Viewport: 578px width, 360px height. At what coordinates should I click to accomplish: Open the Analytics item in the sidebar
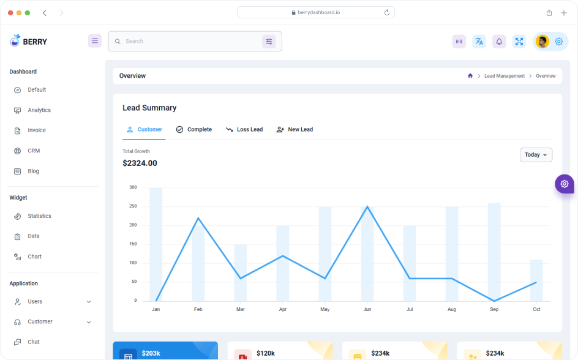click(39, 110)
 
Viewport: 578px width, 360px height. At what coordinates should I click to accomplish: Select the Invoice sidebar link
click(36, 130)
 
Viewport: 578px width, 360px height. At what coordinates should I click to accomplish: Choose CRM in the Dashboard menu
click(34, 151)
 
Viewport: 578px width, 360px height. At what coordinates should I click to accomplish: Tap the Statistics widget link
click(39, 216)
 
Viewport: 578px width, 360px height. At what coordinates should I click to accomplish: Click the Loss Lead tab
click(244, 130)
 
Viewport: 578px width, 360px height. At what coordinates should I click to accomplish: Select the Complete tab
click(194, 130)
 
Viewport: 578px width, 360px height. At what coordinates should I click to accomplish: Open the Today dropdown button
click(536, 155)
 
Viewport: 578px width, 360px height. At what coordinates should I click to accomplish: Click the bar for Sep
click(494, 251)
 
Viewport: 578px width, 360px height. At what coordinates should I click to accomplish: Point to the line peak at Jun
click(367, 206)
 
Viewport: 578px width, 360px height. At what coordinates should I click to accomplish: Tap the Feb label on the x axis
click(198, 310)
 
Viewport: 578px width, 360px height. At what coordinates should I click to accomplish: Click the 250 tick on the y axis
click(133, 206)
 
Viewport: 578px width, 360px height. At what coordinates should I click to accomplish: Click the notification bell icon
click(499, 42)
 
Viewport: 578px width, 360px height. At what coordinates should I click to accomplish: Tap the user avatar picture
click(542, 42)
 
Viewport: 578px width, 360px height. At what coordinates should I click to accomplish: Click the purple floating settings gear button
click(564, 184)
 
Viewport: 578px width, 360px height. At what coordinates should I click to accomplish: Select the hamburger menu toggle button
click(95, 41)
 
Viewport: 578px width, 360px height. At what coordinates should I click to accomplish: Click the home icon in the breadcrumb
click(470, 76)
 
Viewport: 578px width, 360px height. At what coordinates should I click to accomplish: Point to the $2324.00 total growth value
click(140, 163)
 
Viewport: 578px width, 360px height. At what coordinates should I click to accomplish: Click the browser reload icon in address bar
click(387, 12)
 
